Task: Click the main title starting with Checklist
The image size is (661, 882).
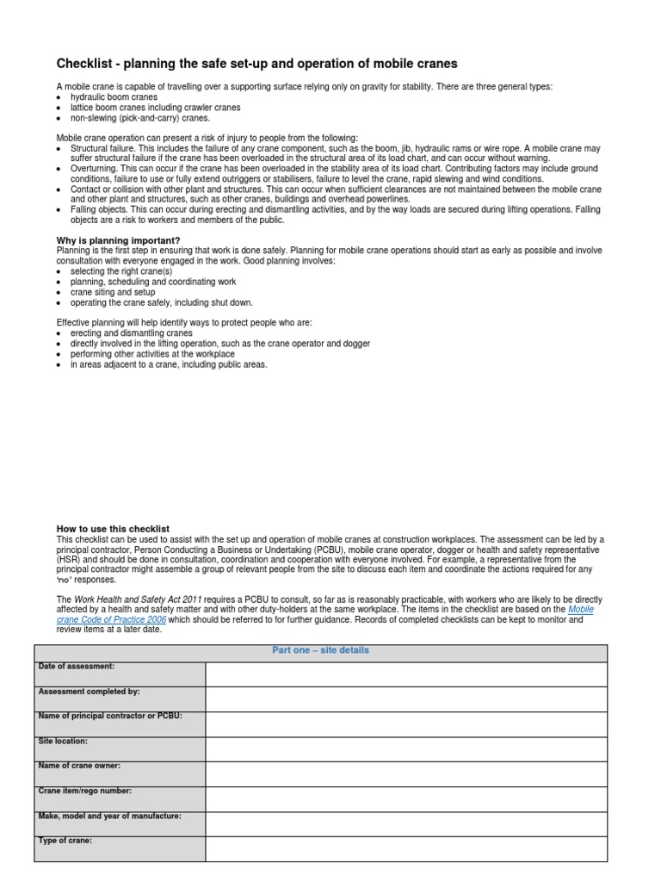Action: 256,64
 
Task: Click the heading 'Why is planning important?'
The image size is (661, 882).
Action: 119,240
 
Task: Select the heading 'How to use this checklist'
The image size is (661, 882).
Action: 113,529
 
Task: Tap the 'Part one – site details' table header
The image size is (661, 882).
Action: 320,650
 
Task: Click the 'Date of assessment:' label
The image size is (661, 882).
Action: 77,667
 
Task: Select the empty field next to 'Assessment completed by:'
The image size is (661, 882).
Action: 406,699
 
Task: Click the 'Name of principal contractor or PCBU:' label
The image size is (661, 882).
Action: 110,716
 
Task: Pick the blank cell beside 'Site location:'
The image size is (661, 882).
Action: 406,748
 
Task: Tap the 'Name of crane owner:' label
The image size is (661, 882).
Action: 79,766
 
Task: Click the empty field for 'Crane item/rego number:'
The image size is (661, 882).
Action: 406,798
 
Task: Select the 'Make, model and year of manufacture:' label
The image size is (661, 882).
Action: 109,816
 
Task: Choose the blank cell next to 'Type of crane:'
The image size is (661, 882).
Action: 406,848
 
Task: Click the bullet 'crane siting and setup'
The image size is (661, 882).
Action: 113,292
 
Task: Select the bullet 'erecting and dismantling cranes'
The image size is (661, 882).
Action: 131,332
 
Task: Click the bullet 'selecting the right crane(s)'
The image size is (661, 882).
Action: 121,271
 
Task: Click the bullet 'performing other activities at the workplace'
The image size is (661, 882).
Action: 152,353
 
